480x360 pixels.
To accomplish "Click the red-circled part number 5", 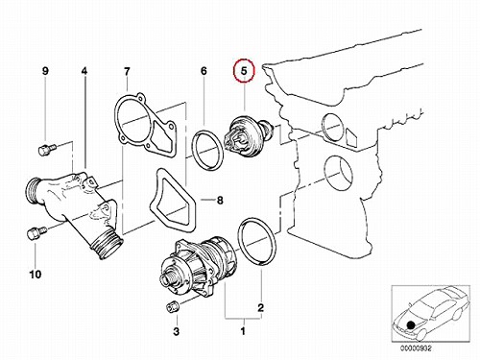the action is point(244,71).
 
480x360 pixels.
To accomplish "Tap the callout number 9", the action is point(45,71).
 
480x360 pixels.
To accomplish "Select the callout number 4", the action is point(84,71).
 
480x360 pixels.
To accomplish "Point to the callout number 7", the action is point(127,71).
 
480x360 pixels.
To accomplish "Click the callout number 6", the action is point(204,71).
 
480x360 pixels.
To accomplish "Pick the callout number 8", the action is point(220,201).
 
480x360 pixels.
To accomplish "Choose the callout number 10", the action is point(36,275).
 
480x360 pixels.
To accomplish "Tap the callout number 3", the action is point(177,331).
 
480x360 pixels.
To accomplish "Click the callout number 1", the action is point(243,330).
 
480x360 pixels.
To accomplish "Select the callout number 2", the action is point(261,307).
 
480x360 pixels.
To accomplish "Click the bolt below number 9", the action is point(47,150).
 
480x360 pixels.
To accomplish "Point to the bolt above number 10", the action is point(36,232).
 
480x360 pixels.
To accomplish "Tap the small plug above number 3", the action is point(173,307).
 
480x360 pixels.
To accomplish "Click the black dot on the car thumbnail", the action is point(411,326).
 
